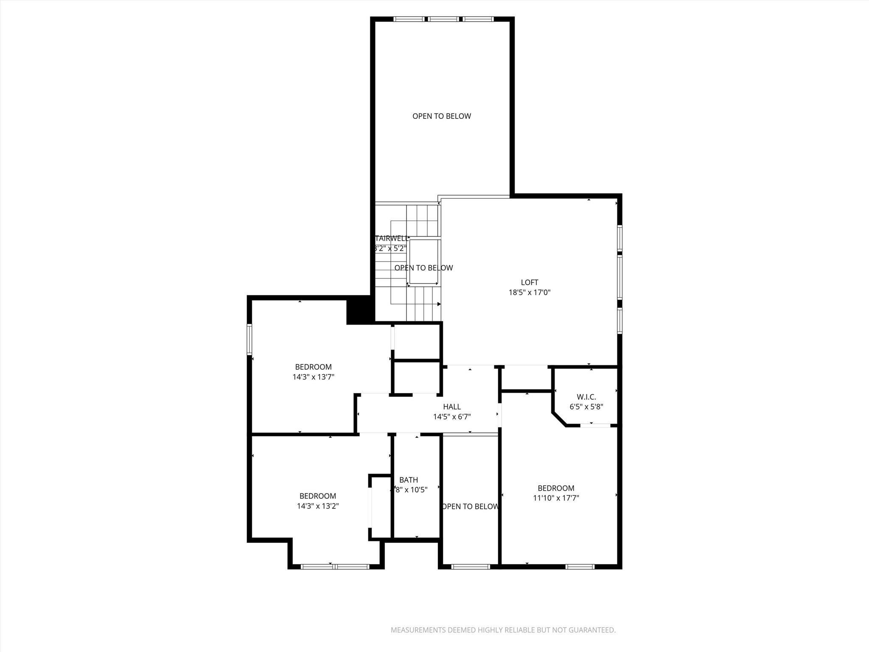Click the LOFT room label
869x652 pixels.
coord(529,282)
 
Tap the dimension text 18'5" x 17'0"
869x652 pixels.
coord(529,292)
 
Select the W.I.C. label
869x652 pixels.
coord(586,397)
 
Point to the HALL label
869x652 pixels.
coord(451,407)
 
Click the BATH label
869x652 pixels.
coord(408,480)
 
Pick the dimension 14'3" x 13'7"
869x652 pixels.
coord(313,377)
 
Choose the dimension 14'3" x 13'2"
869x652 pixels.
coord(317,506)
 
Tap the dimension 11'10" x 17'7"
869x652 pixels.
coord(556,498)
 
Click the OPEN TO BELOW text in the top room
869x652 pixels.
coord(441,116)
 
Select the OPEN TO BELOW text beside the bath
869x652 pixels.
coord(470,506)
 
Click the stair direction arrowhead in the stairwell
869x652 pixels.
coord(439,304)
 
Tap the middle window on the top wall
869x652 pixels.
coord(443,19)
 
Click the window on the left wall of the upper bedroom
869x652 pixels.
coord(249,339)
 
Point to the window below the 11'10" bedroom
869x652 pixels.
coord(580,566)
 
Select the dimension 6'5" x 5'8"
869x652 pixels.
coord(586,407)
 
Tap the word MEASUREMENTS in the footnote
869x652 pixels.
coord(418,630)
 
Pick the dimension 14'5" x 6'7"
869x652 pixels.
coord(451,417)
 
